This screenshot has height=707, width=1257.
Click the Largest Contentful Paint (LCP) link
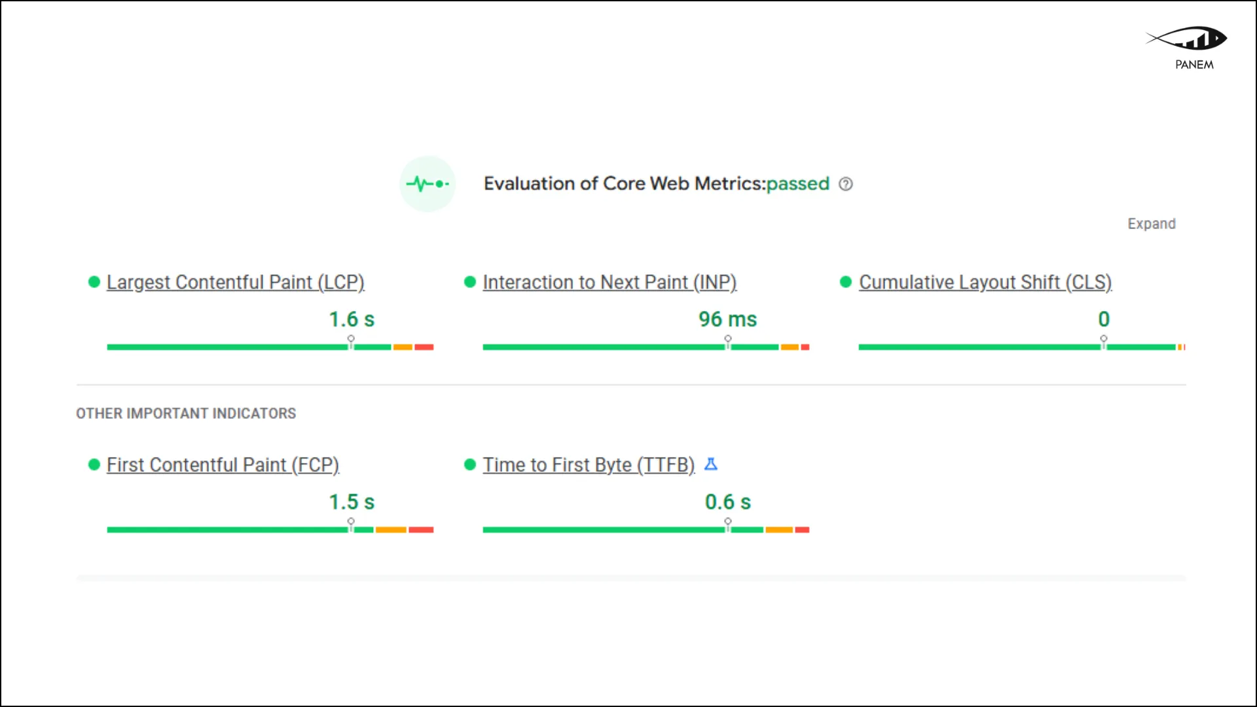coord(235,282)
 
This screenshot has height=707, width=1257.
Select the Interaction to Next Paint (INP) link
coord(610,282)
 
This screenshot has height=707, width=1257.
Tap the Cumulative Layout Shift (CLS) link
coord(985,282)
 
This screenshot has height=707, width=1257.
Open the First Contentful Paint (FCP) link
coord(223,465)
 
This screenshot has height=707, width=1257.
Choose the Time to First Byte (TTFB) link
coord(589,465)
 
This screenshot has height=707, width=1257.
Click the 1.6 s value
coord(352,319)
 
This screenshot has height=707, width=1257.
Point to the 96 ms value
coord(727,319)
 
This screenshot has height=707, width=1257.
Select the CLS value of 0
coord(1104,319)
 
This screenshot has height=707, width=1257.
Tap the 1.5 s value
coord(352,502)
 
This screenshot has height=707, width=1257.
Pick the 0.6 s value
coord(727,502)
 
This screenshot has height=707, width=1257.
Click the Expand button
coord(1152,224)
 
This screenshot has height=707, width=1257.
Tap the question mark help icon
coord(846,184)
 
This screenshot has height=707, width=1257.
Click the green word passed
coord(797,184)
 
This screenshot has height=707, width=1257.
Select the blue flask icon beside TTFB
coord(711,464)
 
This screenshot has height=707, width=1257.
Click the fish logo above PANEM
coord(1186,39)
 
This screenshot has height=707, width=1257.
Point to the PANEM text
coord(1194,65)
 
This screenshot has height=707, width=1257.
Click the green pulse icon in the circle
coord(428,184)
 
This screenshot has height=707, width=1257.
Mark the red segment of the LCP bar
coord(424,347)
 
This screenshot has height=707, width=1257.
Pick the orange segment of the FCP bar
coord(391,530)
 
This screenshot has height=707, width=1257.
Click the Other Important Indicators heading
coord(186,414)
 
